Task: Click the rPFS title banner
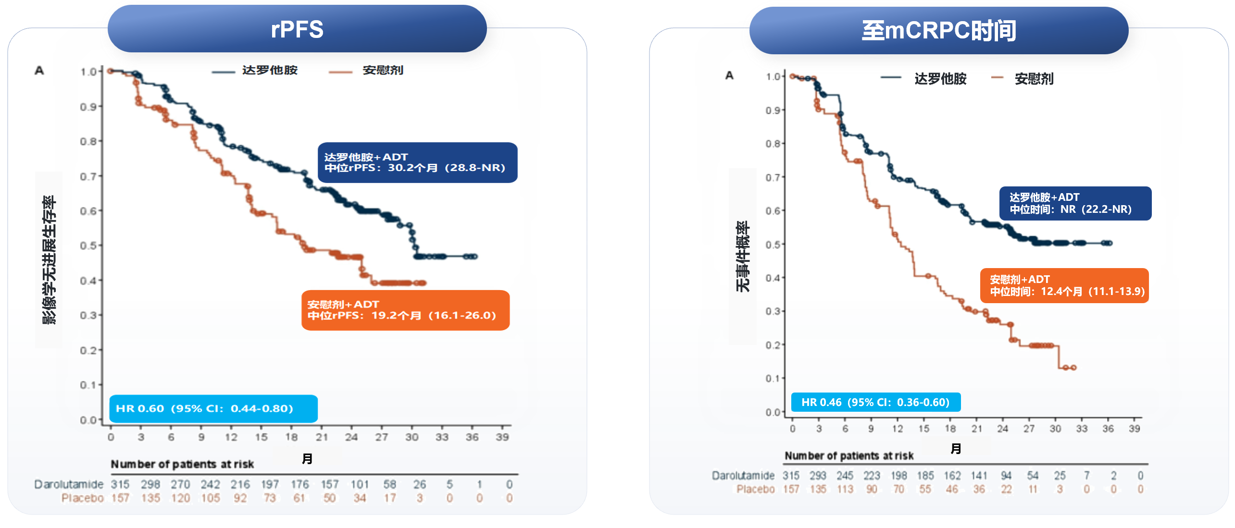point(297,29)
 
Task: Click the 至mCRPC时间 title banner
point(938,31)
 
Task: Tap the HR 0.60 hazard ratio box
point(213,408)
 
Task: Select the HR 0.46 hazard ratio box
point(875,402)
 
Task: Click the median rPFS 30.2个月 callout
point(417,162)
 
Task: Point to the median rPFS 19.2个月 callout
point(405,310)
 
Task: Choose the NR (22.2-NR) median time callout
point(1075,203)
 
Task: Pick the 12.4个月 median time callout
point(1064,285)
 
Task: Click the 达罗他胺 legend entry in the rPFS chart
point(269,70)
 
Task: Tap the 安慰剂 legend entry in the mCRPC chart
point(1034,78)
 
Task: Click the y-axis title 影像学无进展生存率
point(49,259)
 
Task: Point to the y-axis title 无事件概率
point(742,257)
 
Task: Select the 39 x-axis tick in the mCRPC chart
point(1134,429)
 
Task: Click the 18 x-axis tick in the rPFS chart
point(291,437)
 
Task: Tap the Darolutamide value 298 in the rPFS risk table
point(150,484)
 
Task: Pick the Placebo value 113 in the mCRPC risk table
point(845,489)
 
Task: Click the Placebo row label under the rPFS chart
point(82,498)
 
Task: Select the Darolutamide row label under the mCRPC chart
point(743,476)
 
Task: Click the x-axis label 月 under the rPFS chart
point(307,459)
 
